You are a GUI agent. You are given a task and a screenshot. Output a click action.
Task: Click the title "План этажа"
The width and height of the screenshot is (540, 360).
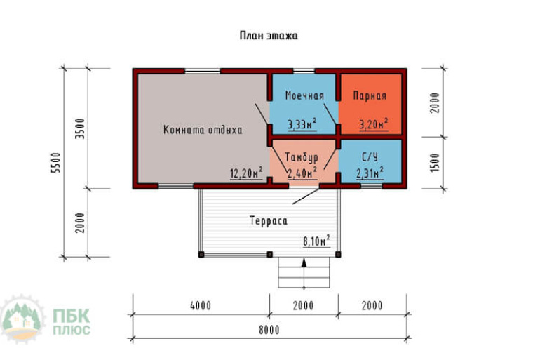click(269, 36)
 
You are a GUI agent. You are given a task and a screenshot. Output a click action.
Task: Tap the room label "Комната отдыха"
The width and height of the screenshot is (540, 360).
click(203, 130)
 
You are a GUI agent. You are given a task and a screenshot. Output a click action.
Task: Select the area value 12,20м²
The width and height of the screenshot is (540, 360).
click(246, 173)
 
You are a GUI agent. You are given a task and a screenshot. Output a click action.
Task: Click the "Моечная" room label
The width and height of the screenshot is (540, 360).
click(304, 95)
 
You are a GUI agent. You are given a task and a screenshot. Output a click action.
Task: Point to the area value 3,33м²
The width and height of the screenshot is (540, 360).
click(302, 124)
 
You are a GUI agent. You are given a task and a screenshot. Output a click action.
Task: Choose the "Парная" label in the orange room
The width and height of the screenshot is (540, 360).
click(370, 95)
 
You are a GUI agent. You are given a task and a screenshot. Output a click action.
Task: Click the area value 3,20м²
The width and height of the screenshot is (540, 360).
click(374, 124)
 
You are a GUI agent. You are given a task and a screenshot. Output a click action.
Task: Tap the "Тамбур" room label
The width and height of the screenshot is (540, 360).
click(302, 157)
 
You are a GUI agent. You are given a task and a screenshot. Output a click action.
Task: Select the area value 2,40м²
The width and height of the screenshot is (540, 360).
click(302, 173)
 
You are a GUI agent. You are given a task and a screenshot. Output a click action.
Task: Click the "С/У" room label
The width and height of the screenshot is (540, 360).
click(370, 157)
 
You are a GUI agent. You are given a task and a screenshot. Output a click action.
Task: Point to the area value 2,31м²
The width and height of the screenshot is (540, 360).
click(370, 173)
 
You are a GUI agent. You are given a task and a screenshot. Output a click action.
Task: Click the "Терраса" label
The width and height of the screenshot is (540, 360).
click(269, 220)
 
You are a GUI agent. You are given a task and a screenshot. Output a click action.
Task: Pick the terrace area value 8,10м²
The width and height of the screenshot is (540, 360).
click(316, 241)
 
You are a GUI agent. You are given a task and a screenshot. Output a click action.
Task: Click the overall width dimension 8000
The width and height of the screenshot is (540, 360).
click(269, 330)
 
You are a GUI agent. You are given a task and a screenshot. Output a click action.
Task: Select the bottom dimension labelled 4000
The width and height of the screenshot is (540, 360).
click(201, 305)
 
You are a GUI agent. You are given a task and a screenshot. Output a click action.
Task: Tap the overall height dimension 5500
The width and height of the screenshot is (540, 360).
click(55, 163)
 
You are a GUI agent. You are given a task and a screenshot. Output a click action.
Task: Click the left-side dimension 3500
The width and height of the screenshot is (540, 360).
click(80, 128)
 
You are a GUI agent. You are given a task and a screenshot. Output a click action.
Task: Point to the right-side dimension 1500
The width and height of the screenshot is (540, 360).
click(435, 163)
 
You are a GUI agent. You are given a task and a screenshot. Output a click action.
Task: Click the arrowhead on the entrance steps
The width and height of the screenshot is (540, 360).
click(304, 262)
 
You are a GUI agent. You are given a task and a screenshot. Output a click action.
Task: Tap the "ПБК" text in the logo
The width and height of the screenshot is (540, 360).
click(72, 316)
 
